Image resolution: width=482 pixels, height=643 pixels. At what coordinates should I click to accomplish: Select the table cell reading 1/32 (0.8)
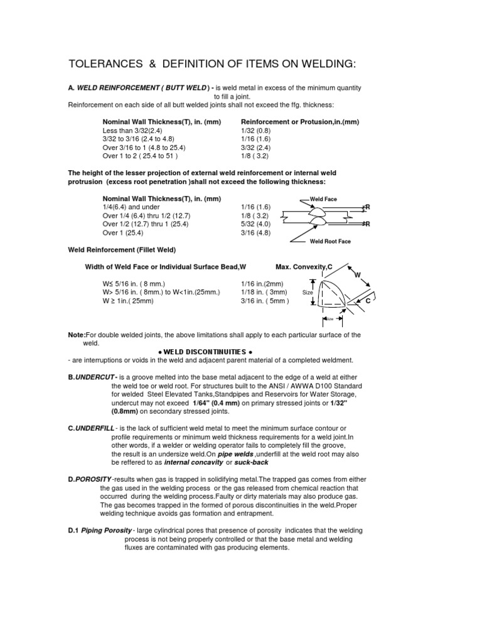(x=256, y=131)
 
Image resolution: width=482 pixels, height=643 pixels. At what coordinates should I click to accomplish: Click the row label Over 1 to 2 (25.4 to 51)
(x=141, y=155)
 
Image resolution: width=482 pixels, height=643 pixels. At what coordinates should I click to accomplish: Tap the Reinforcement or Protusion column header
(x=300, y=122)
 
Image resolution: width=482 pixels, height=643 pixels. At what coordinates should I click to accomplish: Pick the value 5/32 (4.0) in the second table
(x=255, y=224)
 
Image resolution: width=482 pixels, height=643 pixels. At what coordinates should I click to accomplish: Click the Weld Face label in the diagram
(x=324, y=199)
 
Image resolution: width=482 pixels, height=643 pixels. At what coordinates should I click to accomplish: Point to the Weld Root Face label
(x=331, y=240)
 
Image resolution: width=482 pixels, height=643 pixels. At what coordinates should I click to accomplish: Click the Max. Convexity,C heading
(x=304, y=267)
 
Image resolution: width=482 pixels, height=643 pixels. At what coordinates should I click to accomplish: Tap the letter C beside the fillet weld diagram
(x=368, y=302)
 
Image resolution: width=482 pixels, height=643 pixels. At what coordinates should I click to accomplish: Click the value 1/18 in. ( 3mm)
(x=264, y=292)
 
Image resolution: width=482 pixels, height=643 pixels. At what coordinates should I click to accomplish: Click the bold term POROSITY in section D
(x=94, y=480)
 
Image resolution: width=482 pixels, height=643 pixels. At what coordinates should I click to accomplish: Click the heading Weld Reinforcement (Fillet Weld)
(x=117, y=249)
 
